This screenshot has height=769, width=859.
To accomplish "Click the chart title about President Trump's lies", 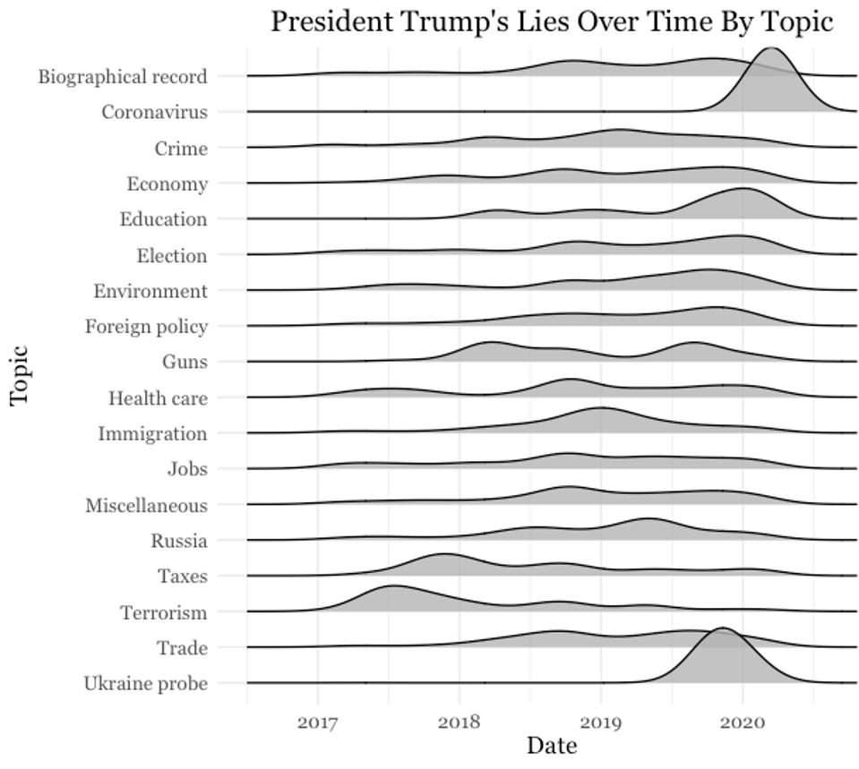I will [x=552, y=21].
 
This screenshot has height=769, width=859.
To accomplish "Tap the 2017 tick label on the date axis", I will [x=317, y=721].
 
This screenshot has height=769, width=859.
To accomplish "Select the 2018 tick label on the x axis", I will [x=459, y=721].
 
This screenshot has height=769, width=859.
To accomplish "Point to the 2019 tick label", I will [x=601, y=721].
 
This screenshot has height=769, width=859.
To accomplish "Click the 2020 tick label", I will [x=743, y=721].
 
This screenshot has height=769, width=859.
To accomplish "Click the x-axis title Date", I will [x=552, y=745].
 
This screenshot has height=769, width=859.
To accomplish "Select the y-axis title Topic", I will [x=21, y=375].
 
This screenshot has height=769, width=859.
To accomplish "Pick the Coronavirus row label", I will [x=154, y=112].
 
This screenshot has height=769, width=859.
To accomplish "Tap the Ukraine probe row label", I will [x=145, y=684].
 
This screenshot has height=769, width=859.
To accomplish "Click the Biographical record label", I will [x=123, y=76].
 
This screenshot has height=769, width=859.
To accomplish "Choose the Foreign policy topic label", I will [x=146, y=326].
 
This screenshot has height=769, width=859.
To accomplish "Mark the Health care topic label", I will [x=158, y=397].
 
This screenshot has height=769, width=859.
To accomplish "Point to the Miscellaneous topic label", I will [x=146, y=505].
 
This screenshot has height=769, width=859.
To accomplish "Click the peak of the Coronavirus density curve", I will [x=771, y=48].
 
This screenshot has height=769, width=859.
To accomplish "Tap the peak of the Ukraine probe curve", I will [x=723, y=628].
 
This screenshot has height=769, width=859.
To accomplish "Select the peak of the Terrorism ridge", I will [x=392, y=585].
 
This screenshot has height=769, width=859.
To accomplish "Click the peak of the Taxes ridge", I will [x=444, y=554].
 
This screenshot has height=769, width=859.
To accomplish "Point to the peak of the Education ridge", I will [x=743, y=189].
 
